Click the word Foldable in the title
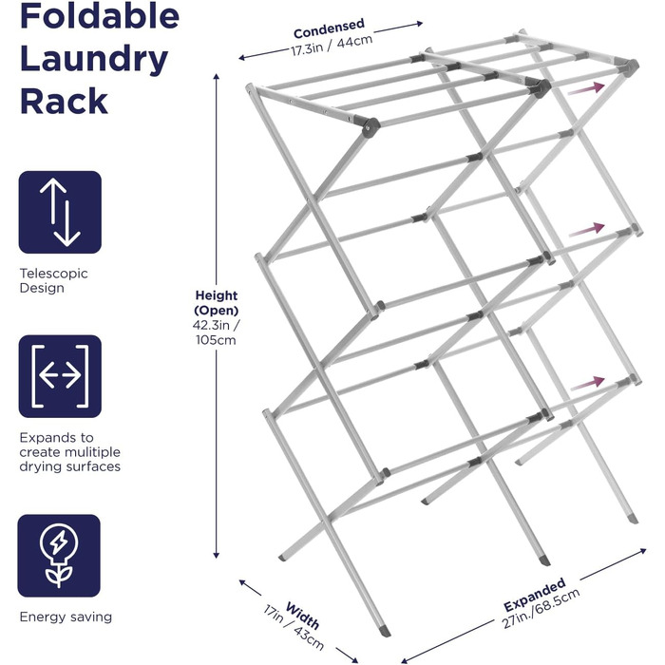[x=100, y=15]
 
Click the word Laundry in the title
[x=94, y=60]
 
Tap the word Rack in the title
[x=64, y=101]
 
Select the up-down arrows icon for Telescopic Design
[x=60, y=212]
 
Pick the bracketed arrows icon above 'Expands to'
[x=60, y=376]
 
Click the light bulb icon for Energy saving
[x=59, y=556]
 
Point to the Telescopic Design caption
[x=53, y=280]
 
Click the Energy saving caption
[x=66, y=617]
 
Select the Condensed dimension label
[x=329, y=28]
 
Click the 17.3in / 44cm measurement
[x=332, y=46]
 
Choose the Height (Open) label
[x=217, y=303]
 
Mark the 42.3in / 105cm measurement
[x=217, y=332]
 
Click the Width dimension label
[x=302, y=616]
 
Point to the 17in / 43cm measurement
[x=294, y=628]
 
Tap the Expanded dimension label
[x=534, y=594]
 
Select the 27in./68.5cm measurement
[x=541, y=609]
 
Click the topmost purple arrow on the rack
[x=586, y=88]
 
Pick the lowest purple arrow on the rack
[x=587, y=383]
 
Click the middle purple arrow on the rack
[x=586, y=229]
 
